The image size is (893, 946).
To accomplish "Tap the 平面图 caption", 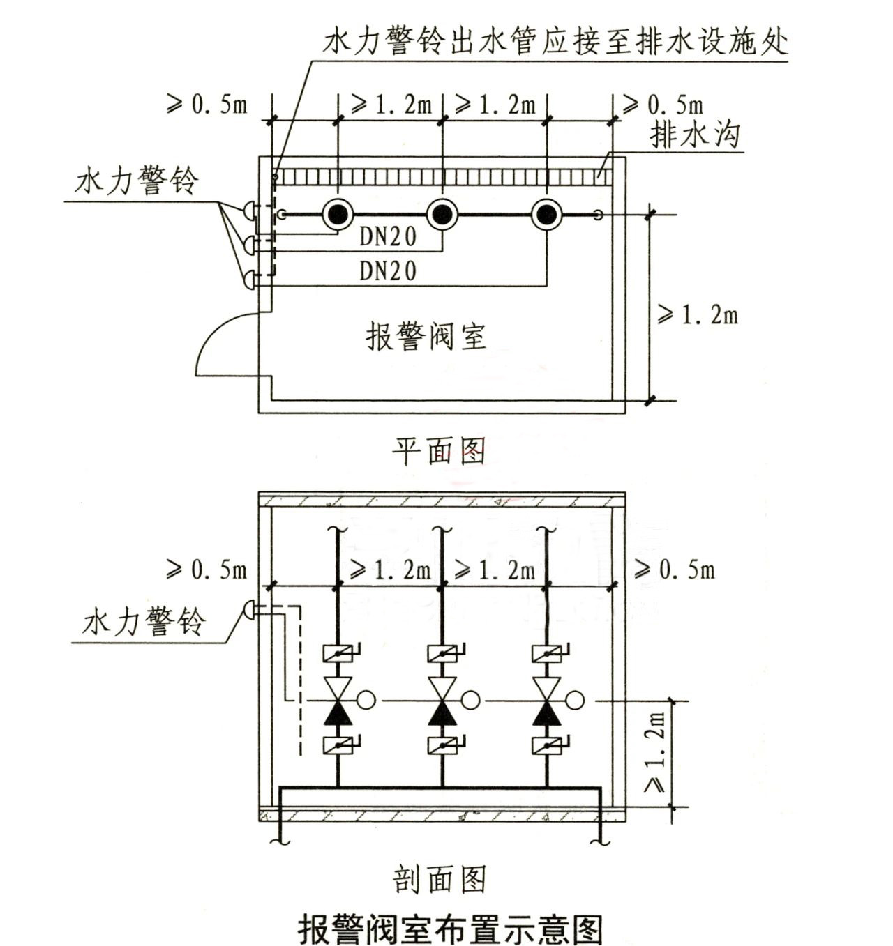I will pyautogui.click(x=438, y=452).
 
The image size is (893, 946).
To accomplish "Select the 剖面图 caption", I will pyautogui.click(x=439, y=880).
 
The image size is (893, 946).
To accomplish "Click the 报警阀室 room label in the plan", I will pyautogui.click(x=426, y=337).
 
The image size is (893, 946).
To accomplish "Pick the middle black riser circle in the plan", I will pyautogui.click(x=442, y=215).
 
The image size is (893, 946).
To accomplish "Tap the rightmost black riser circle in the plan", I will pyautogui.click(x=547, y=215).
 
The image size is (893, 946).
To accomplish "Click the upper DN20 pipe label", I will pyautogui.click(x=388, y=237).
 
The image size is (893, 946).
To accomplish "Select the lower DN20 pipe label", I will pyautogui.click(x=388, y=270).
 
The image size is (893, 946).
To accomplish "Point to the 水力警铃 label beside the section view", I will pyautogui.click(x=144, y=621).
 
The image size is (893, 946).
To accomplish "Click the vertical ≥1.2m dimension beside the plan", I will pyautogui.click(x=698, y=315).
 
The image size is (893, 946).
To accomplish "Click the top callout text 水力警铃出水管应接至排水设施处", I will pyautogui.click(x=555, y=42).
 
